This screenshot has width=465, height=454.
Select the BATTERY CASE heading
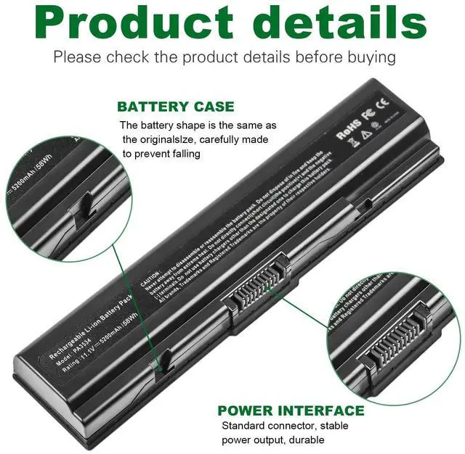[176, 107]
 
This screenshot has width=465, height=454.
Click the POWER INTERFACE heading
[291, 410]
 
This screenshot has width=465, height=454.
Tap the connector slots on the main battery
[257, 293]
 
